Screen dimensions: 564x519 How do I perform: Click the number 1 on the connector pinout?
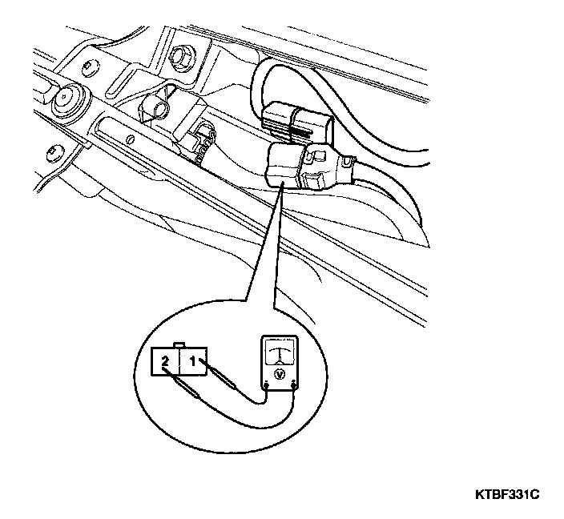pyautogui.click(x=193, y=361)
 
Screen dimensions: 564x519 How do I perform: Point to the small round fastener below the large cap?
pyautogui.click(x=54, y=148)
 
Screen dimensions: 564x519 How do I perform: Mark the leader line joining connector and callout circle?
pyautogui.click(x=264, y=240)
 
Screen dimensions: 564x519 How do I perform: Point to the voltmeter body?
pyautogui.click(x=279, y=365)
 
